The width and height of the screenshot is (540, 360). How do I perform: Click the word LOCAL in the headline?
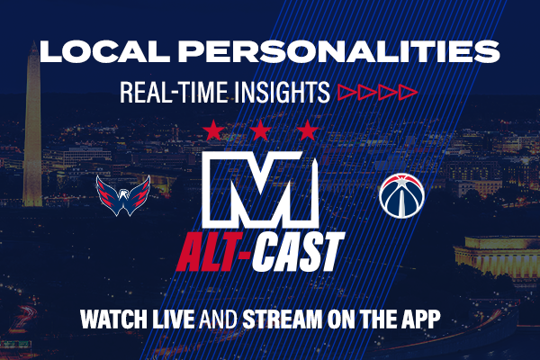(104, 51)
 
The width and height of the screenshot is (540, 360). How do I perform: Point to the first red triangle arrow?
(346, 93)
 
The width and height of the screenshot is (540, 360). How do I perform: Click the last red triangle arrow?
(408, 93)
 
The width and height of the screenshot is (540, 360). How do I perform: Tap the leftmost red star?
(213, 130)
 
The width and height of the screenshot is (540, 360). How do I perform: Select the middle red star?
(260, 130)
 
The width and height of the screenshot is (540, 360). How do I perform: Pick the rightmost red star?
(308, 130)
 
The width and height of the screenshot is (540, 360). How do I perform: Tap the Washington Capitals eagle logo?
(123, 195)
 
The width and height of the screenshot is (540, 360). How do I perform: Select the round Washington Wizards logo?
(401, 195)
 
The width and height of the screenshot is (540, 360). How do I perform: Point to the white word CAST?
(298, 252)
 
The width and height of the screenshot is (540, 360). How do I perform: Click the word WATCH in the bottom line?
(114, 319)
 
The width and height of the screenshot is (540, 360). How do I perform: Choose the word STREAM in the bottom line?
(283, 319)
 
